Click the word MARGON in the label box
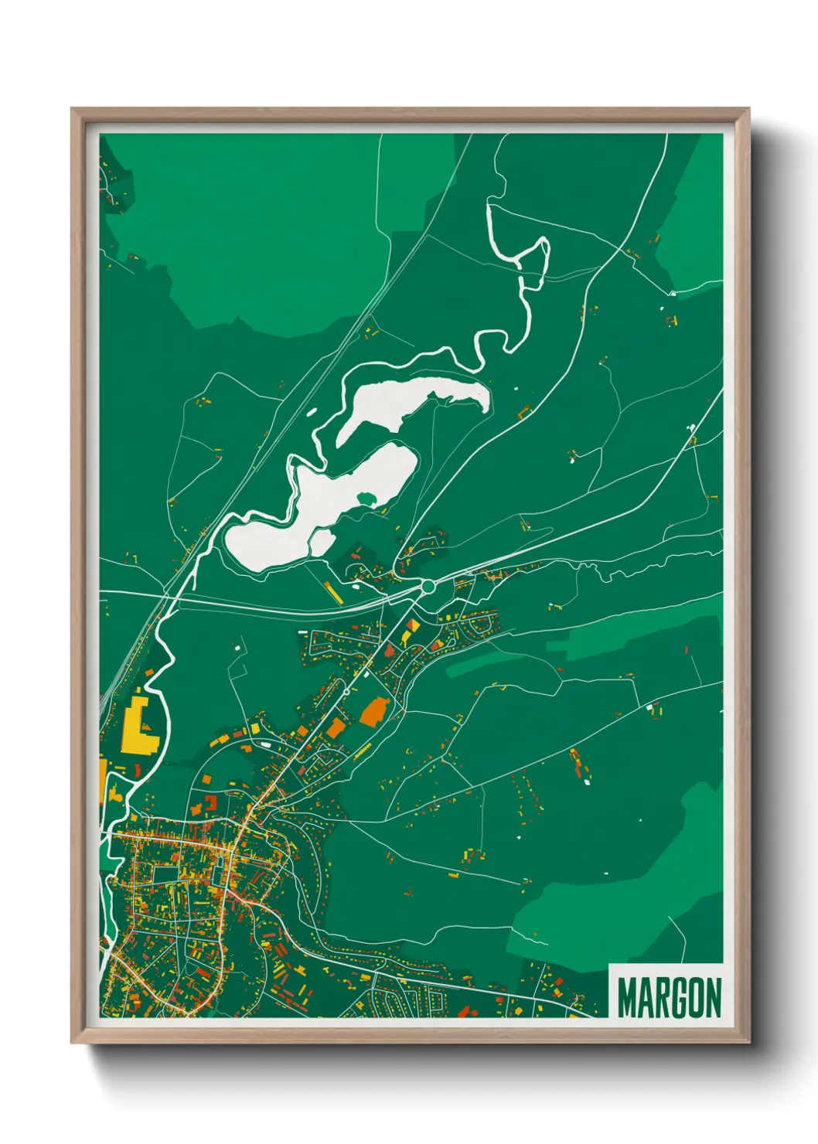click(x=670, y=998)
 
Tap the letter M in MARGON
click(x=628, y=998)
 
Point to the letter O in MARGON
click(x=693, y=998)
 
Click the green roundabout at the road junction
click(x=428, y=587)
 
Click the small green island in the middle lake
click(x=367, y=498)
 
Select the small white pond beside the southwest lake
click(x=322, y=542)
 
